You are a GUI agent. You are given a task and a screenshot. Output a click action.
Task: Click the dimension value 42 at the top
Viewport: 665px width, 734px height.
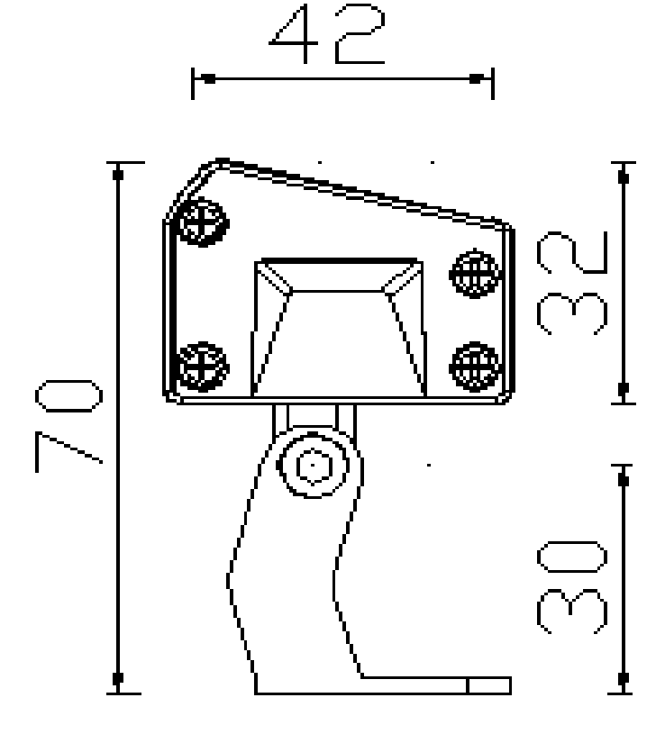tap(330, 37)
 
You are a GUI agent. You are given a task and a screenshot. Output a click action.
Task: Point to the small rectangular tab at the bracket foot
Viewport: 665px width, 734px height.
tap(488, 686)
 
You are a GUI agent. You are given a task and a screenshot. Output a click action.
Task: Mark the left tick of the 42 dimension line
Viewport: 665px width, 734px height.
tap(208, 79)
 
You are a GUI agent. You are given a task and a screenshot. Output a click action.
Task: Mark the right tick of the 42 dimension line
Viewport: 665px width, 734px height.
tap(476, 79)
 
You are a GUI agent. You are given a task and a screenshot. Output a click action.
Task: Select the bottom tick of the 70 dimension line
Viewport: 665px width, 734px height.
tap(117, 677)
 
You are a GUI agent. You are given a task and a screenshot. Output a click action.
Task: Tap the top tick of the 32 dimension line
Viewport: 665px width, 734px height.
tap(622, 177)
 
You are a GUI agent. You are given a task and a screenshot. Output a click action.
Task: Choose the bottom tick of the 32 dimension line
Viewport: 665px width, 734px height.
tap(622, 388)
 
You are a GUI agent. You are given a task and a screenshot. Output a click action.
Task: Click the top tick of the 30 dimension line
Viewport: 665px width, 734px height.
tap(622, 481)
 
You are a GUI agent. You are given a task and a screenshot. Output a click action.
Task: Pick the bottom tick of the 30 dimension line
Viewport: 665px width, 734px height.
tap(622, 677)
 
